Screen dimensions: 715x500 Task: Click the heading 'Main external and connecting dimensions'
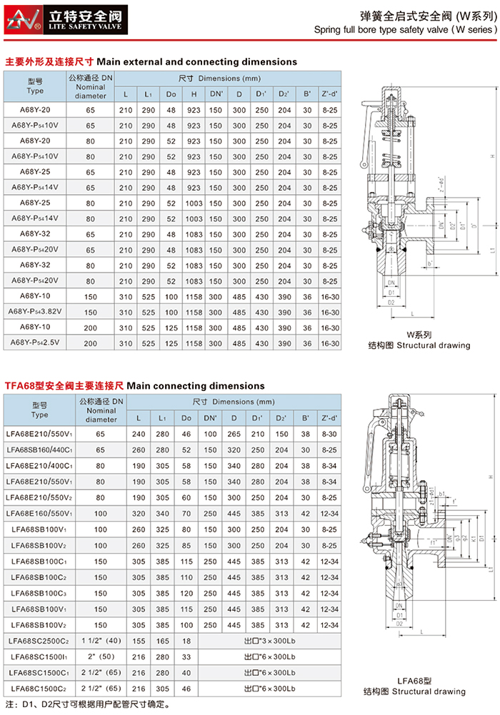(196, 62)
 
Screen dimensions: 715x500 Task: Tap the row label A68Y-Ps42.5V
(35, 343)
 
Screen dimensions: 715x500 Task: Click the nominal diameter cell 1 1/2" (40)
(101, 642)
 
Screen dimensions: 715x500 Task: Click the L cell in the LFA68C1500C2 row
(139, 688)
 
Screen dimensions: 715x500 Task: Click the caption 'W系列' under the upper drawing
(419, 333)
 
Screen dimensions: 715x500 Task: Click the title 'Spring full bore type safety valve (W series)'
(404, 30)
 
